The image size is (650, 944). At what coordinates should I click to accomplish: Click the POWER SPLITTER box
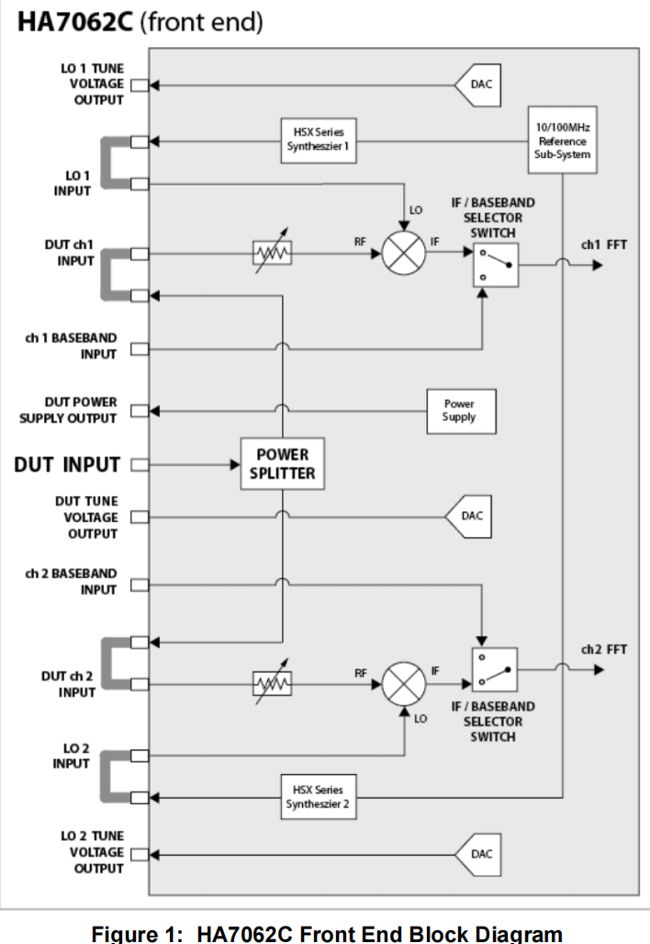tap(283, 463)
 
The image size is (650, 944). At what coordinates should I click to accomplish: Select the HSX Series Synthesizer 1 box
tap(319, 141)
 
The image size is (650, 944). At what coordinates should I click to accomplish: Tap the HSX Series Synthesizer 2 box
tap(319, 797)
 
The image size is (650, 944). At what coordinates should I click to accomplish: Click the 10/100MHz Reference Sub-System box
tap(562, 141)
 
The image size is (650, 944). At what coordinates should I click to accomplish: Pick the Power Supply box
tap(461, 411)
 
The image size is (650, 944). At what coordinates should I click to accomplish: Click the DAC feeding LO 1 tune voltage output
tap(478, 85)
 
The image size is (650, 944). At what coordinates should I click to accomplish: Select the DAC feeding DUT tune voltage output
tap(468, 517)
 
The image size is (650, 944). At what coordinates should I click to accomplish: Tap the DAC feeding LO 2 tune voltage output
tap(478, 854)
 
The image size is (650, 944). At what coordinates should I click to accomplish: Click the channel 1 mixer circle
tap(404, 254)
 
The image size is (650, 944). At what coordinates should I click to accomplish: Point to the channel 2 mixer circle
tap(404, 684)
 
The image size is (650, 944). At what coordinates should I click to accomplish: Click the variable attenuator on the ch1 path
tap(273, 253)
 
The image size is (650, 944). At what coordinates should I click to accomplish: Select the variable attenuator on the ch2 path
tap(273, 683)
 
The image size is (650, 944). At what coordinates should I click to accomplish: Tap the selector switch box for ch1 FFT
tap(496, 265)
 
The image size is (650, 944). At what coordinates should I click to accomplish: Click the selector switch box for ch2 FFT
tap(495, 669)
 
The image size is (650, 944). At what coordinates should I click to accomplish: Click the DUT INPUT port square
tap(140, 465)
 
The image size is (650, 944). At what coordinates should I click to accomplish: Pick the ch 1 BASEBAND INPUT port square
tap(140, 348)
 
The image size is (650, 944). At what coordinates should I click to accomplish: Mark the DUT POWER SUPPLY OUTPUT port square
tap(140, 411)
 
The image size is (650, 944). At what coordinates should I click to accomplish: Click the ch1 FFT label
tap(604, 245)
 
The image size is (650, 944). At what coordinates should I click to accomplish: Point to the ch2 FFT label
tap(604, 650)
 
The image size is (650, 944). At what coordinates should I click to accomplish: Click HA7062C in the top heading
tap(74, 22)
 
